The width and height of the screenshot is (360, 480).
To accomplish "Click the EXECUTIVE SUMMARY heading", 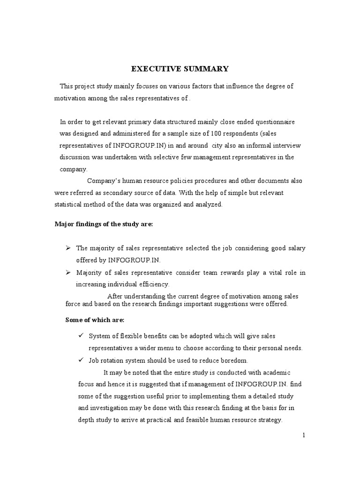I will click(x=180, y=69).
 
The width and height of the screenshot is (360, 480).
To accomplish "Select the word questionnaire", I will click(x=272, y=121).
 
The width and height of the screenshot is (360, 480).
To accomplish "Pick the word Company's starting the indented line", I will click(x=105, y=180).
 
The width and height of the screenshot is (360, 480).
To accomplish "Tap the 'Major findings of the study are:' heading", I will click(x=104, y=224).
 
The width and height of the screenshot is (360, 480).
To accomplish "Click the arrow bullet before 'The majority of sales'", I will click(x=67, y=247).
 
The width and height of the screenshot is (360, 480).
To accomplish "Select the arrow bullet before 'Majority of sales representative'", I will click(x=67, y=272).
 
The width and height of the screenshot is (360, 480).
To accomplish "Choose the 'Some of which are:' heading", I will click(x=94, y=320).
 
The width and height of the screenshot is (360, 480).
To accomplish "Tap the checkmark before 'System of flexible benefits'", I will click(x=80, y=336).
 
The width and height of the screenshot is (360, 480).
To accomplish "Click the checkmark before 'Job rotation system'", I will click(x=80, y=360).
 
